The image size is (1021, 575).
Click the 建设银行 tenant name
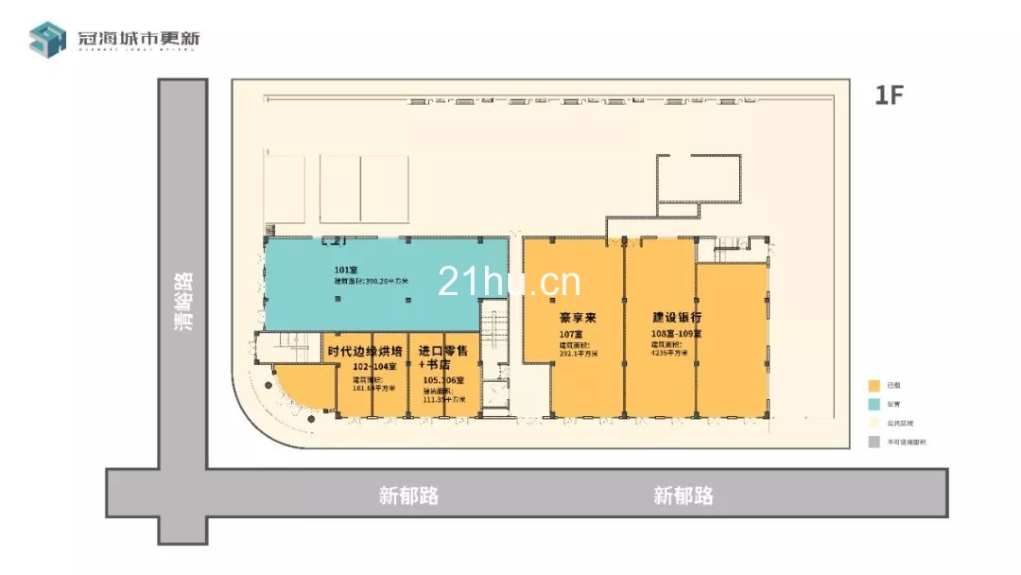point(676,318)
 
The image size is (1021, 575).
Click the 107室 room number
point(570,335)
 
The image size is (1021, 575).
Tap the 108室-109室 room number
point(673,335)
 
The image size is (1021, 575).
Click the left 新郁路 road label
point(408,496)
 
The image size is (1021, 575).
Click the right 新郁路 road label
point(683,496)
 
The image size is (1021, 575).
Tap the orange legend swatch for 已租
point(874,386)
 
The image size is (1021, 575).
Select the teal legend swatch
point(874,405)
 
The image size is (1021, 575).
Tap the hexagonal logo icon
point(47,39)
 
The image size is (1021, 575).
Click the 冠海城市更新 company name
point(139,38)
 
